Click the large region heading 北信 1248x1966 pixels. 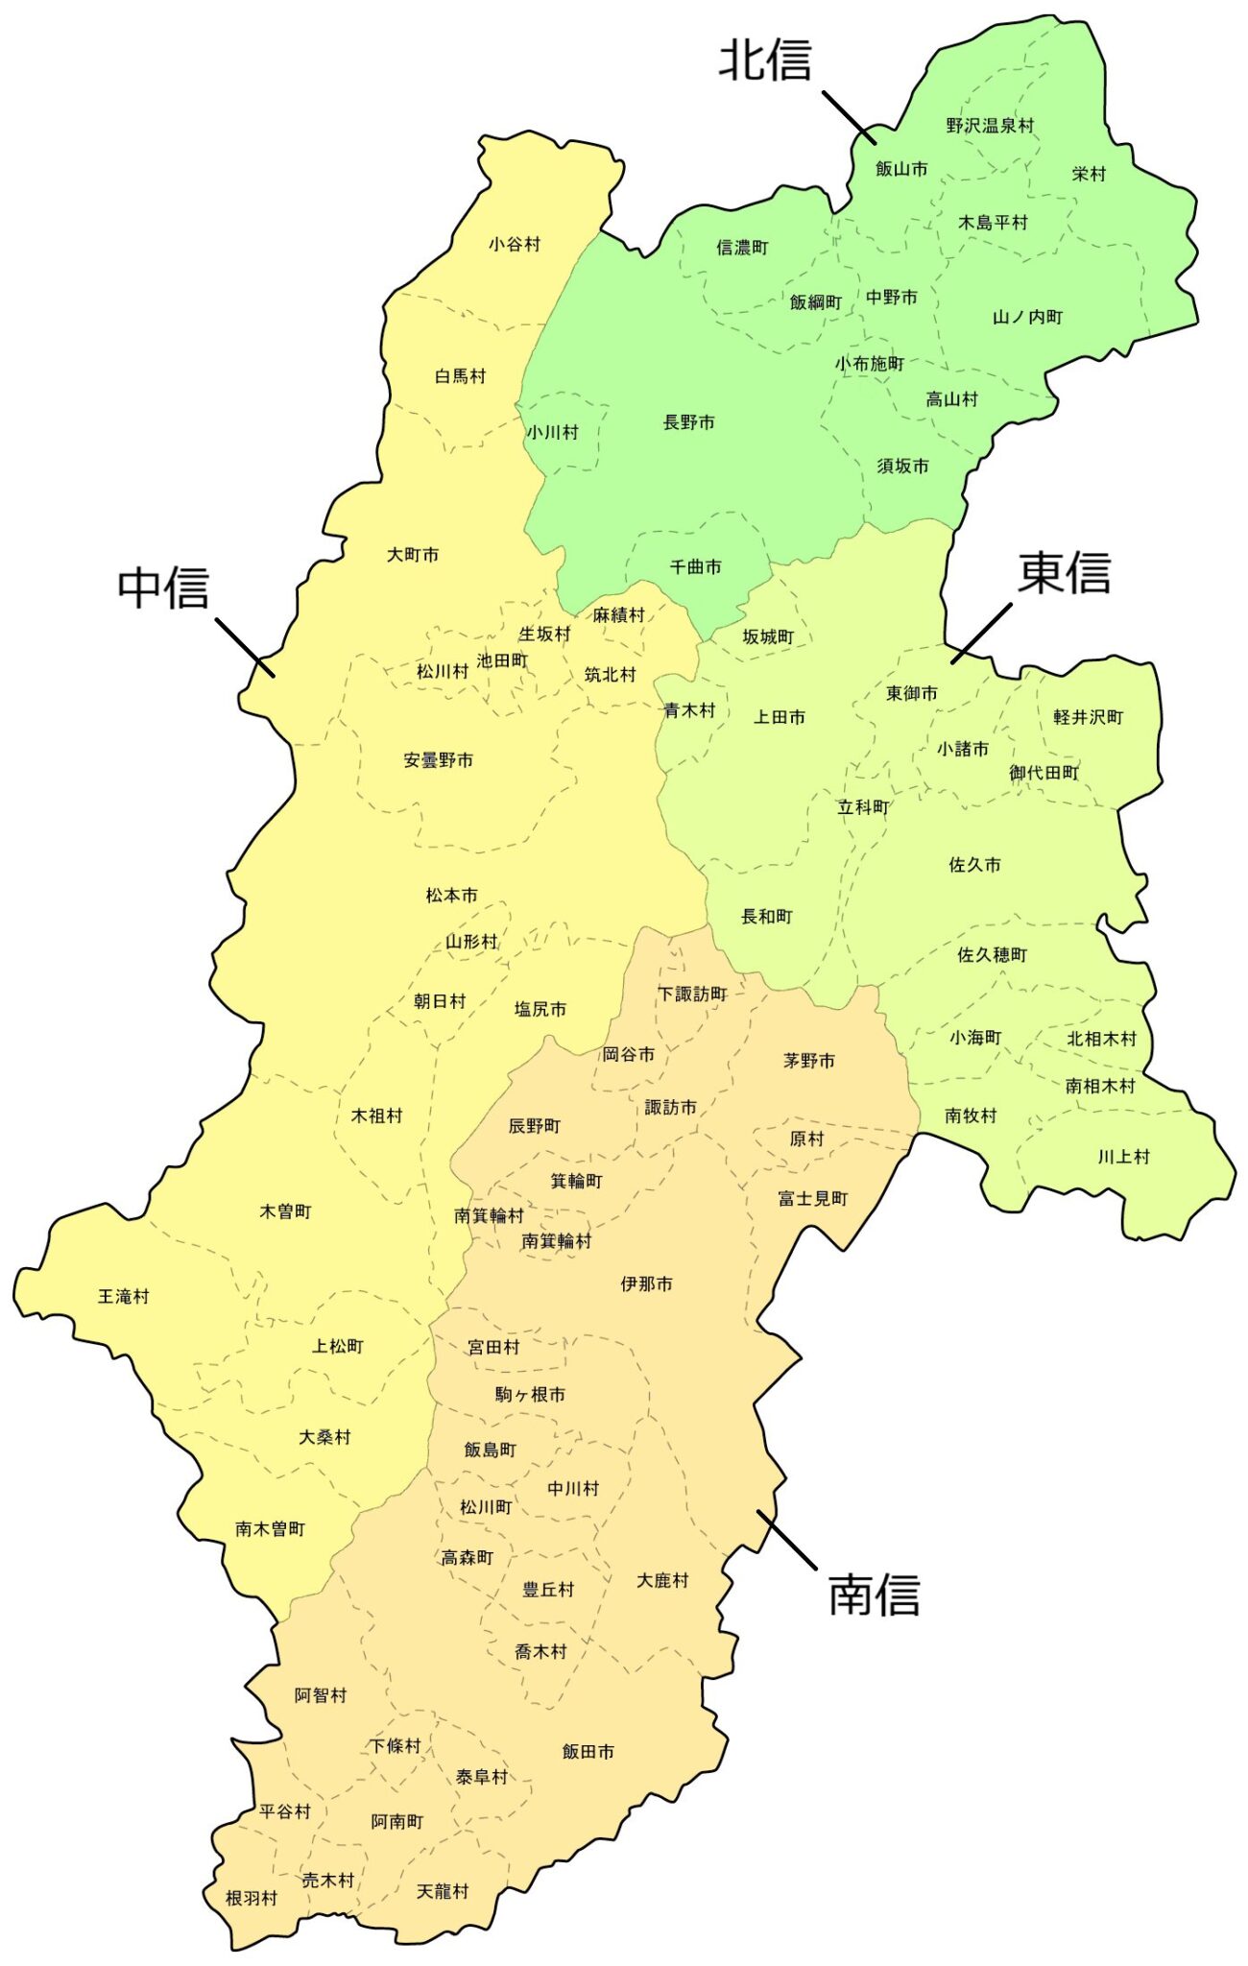coord(765,60)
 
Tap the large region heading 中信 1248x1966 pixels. coord(163,587)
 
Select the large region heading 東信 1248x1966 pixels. coord(1064,572)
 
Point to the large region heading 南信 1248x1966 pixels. coord(874,1594)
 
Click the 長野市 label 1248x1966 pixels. coord(688,422)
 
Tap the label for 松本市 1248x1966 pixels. coord(451,896)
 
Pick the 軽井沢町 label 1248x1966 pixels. coord(1088,717)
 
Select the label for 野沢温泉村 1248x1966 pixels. coord(990,126)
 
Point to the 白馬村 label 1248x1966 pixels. coord(460,376)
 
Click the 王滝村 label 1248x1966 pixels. coord(124,1297)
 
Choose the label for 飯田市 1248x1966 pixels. coord(588,1752)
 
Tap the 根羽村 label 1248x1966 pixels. coord(252,1898)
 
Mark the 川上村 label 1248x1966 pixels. coord(1123,1157)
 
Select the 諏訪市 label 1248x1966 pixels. coord(670,1108)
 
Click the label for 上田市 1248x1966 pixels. coord(779,717)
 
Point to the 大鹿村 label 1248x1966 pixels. coord(662,1580)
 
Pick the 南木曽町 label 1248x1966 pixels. coord(270,1529)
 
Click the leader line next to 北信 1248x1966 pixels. coord(849,117)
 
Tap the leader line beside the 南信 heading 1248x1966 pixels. coord(786,1540)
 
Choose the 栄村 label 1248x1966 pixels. coord(1089,174)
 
